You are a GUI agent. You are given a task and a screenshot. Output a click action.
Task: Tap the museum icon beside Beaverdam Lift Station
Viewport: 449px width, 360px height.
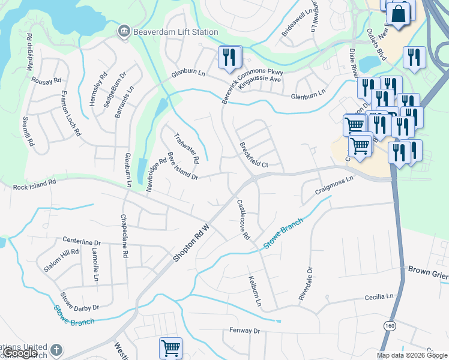click(124, 31)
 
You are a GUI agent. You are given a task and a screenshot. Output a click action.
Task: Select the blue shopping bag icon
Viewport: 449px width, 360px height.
click(398, 14)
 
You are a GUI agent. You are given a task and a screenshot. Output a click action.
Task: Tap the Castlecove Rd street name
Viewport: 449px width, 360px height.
click(243, 220)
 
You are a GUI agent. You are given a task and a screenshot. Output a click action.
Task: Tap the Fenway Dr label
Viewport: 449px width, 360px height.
click(244, 331)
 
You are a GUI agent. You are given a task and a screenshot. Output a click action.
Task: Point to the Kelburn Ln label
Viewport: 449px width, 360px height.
click(255, 291)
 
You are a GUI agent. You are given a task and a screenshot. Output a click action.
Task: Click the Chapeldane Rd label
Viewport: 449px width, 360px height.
click(124, 236)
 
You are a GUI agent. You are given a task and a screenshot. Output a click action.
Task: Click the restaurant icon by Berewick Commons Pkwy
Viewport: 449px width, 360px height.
click(230, 58)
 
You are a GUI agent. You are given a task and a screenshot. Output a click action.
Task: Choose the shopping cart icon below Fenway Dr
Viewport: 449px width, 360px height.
click(170, 348)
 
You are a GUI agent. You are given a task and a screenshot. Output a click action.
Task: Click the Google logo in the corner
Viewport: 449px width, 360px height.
click(21, 353)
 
